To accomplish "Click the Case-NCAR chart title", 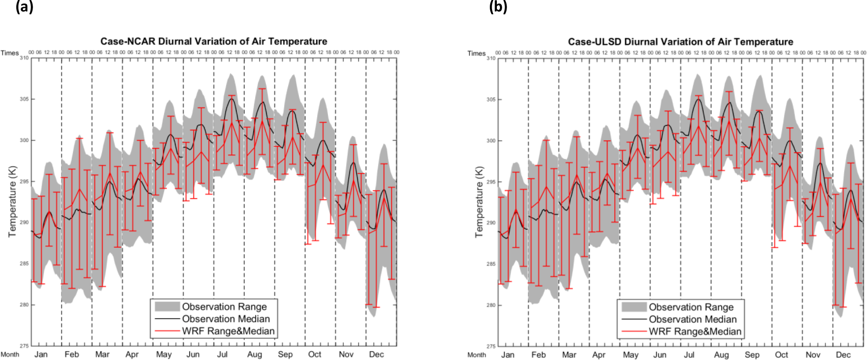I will pyautogui.click(x=213, y=41).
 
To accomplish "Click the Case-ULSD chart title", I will pyautogui.click(x=680, y=42).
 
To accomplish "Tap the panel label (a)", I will pyautogui.click(x=24, y=7).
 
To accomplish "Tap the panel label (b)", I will pyautogui.click(x=498, y=7).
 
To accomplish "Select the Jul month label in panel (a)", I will pyautogui.click(x=222, y=354).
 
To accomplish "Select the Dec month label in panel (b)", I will pyautogui.click(x=843, y=355).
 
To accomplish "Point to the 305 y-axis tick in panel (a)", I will pyautogui.click(x=24, y=99).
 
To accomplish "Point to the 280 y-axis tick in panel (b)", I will pyautogui.click(x=491, y=305).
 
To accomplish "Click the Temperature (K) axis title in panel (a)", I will pyautogui.click(x=12, y=202).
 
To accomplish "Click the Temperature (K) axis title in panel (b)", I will pyautogui.click(x=479, y=202).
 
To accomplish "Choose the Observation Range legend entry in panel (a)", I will pyautogui.click(x=224, y=307).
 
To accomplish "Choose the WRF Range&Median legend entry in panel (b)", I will pyautogui.click(x=695, y=331).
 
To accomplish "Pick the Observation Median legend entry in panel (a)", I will pyautogui.click(x=226, y=319).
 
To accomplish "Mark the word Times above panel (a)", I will pyautogui.click(x=10, y=53).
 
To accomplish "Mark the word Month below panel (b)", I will pyautogui.click(x=477, y=355).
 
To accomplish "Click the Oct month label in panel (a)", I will pyautogui.click(x=315, y=354).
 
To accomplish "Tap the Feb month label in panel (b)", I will pyautogui.click(x=538, y=355).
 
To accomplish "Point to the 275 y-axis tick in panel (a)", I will pyautogui.click(x=24, y=346).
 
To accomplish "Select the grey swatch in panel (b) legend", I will pyautogui.click(x=634, y=307).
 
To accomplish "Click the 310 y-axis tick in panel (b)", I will pyautogui.click(x=491, y=58).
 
